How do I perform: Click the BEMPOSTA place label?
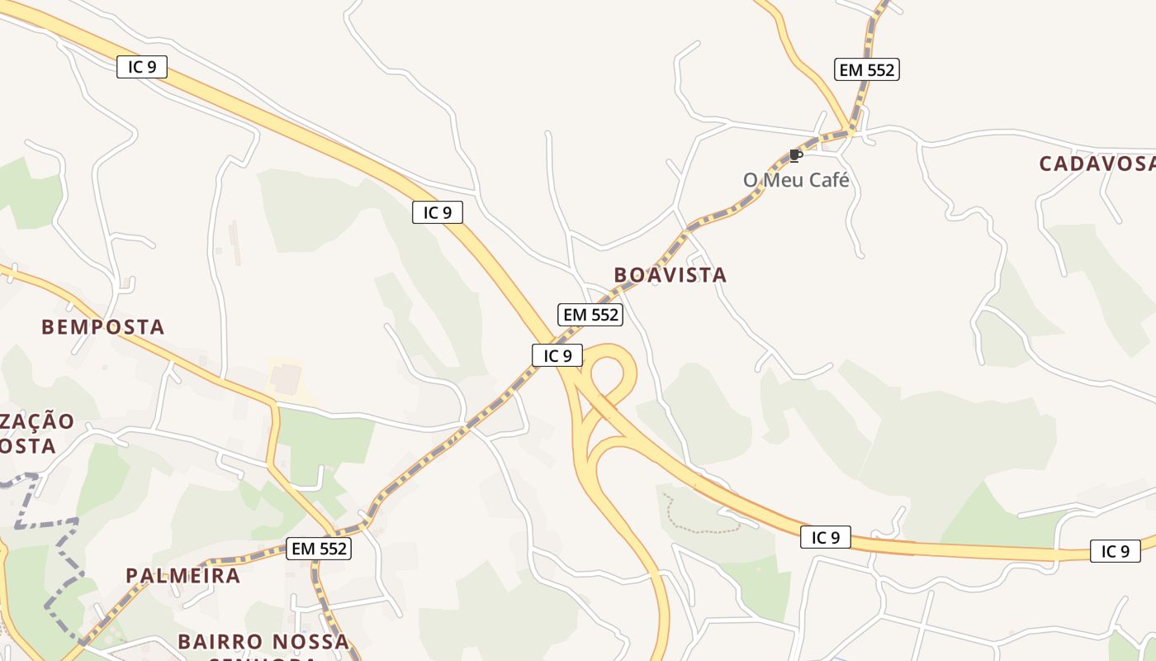point(103,327)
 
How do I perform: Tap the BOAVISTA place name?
point(670,275)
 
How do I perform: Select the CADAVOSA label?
point(1097,164)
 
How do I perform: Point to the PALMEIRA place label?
point(183,575)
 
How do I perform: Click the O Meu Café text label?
point(796,180)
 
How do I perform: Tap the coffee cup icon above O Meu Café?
point(795,155)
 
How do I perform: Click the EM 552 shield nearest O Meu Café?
point(866,70)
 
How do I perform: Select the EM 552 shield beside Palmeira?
point(319,548)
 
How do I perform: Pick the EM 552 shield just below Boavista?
point(590,315)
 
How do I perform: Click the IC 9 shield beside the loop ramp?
point(557,356)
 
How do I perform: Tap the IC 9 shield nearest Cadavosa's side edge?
point(1115,551)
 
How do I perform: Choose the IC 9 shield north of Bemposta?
point(142,67)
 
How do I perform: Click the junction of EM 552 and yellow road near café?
point(850,131)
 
